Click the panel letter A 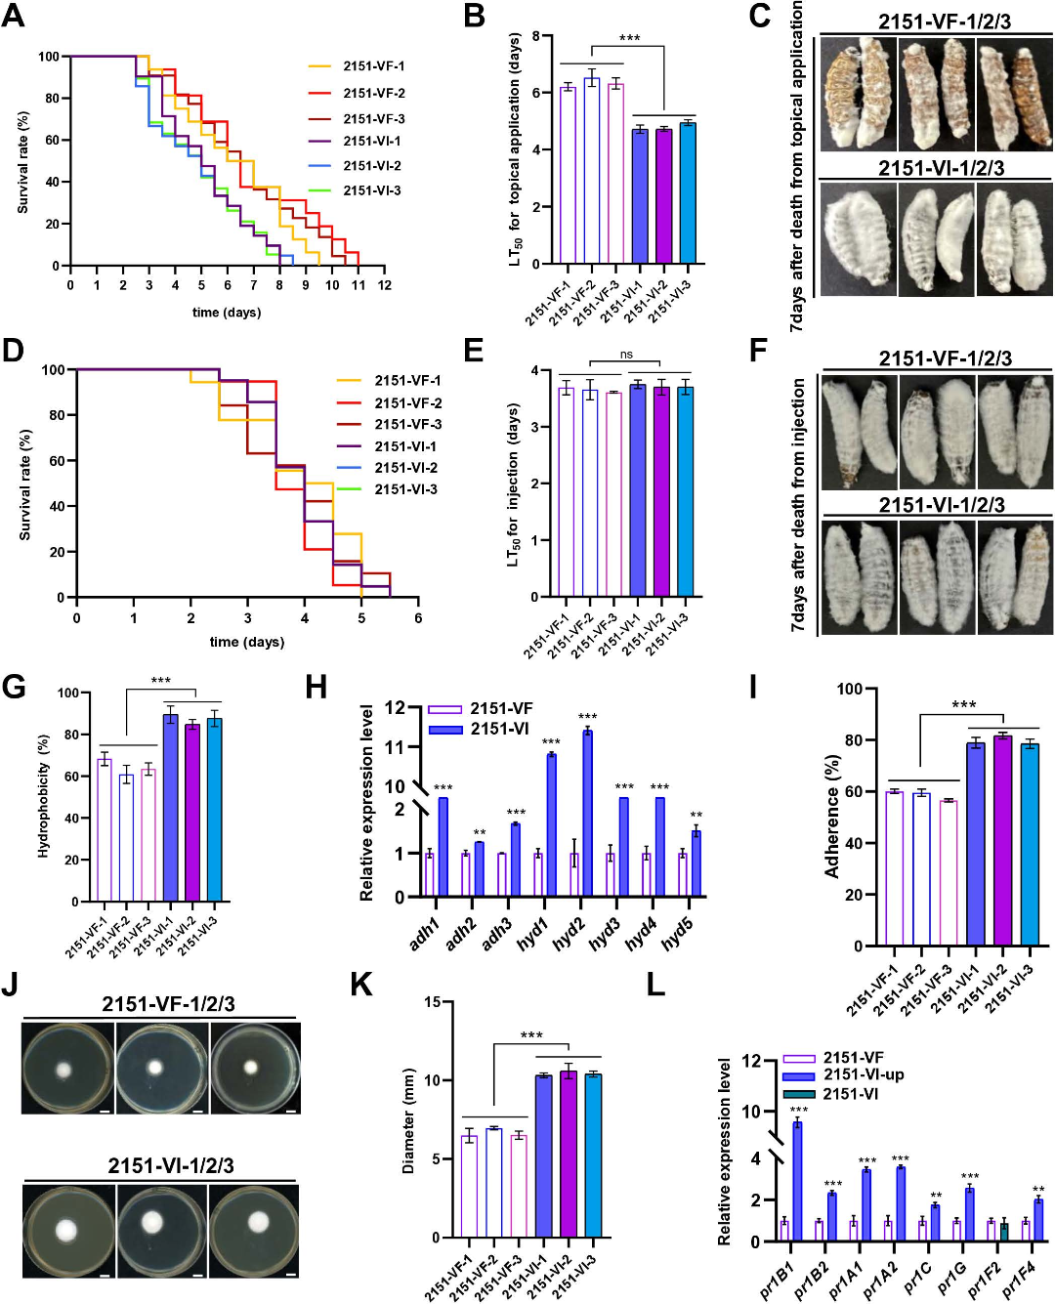13,17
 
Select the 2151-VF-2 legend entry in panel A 373,93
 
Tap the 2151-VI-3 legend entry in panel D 405,489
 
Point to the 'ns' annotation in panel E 626,355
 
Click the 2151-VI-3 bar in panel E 685,492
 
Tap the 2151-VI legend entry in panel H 499,729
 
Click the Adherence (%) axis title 832,817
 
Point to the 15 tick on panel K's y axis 433,1002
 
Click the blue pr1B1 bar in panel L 797,1182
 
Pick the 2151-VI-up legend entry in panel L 863,1074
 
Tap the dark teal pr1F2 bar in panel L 1003,1232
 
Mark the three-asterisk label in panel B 629,38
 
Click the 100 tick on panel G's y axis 68,694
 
